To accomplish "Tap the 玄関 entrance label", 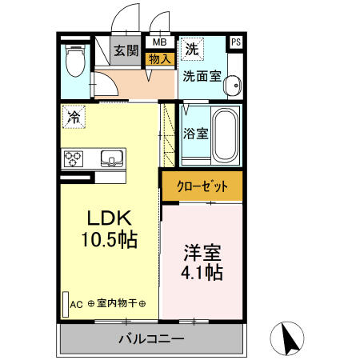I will [126, 51].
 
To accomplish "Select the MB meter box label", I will [159, 42].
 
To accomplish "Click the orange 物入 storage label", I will [159, 57].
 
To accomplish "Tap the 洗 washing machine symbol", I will [191, 49].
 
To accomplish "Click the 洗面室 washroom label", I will [201, 78].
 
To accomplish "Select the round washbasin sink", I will [234, 86].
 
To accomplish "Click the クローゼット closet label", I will [201, 186].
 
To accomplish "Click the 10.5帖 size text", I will [107, 239].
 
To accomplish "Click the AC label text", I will [77, 303].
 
